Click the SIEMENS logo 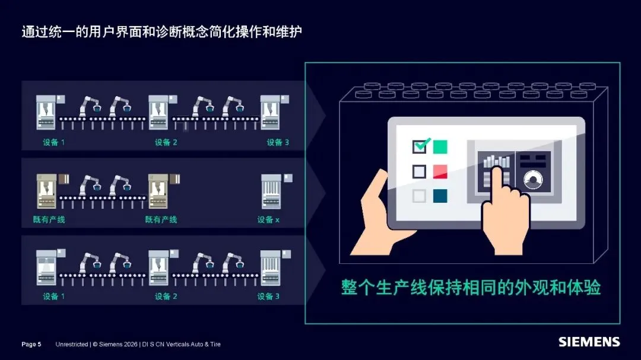(x=589, y=342)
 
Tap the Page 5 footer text (x=31, y=344)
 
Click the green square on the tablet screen (x=440, y=146)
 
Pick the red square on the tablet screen (x=440, y=171)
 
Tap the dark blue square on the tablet (x=440, y=196)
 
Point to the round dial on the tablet (x=533, y=179)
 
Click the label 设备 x (x=268, y=219)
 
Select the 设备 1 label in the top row (x=53, y=142)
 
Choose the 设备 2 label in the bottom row (x=166, y=297)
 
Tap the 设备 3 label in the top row (x=278, y=142)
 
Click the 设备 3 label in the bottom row (x=268, y=297)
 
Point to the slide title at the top (x=162, y=31)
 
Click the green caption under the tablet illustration (x=471, y=287)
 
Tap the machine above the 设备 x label (x=271, y=191)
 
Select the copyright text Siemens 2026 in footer (x=115, y=344)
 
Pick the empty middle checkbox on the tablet (x=419, y=171)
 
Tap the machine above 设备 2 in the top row (x=158, y=112)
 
